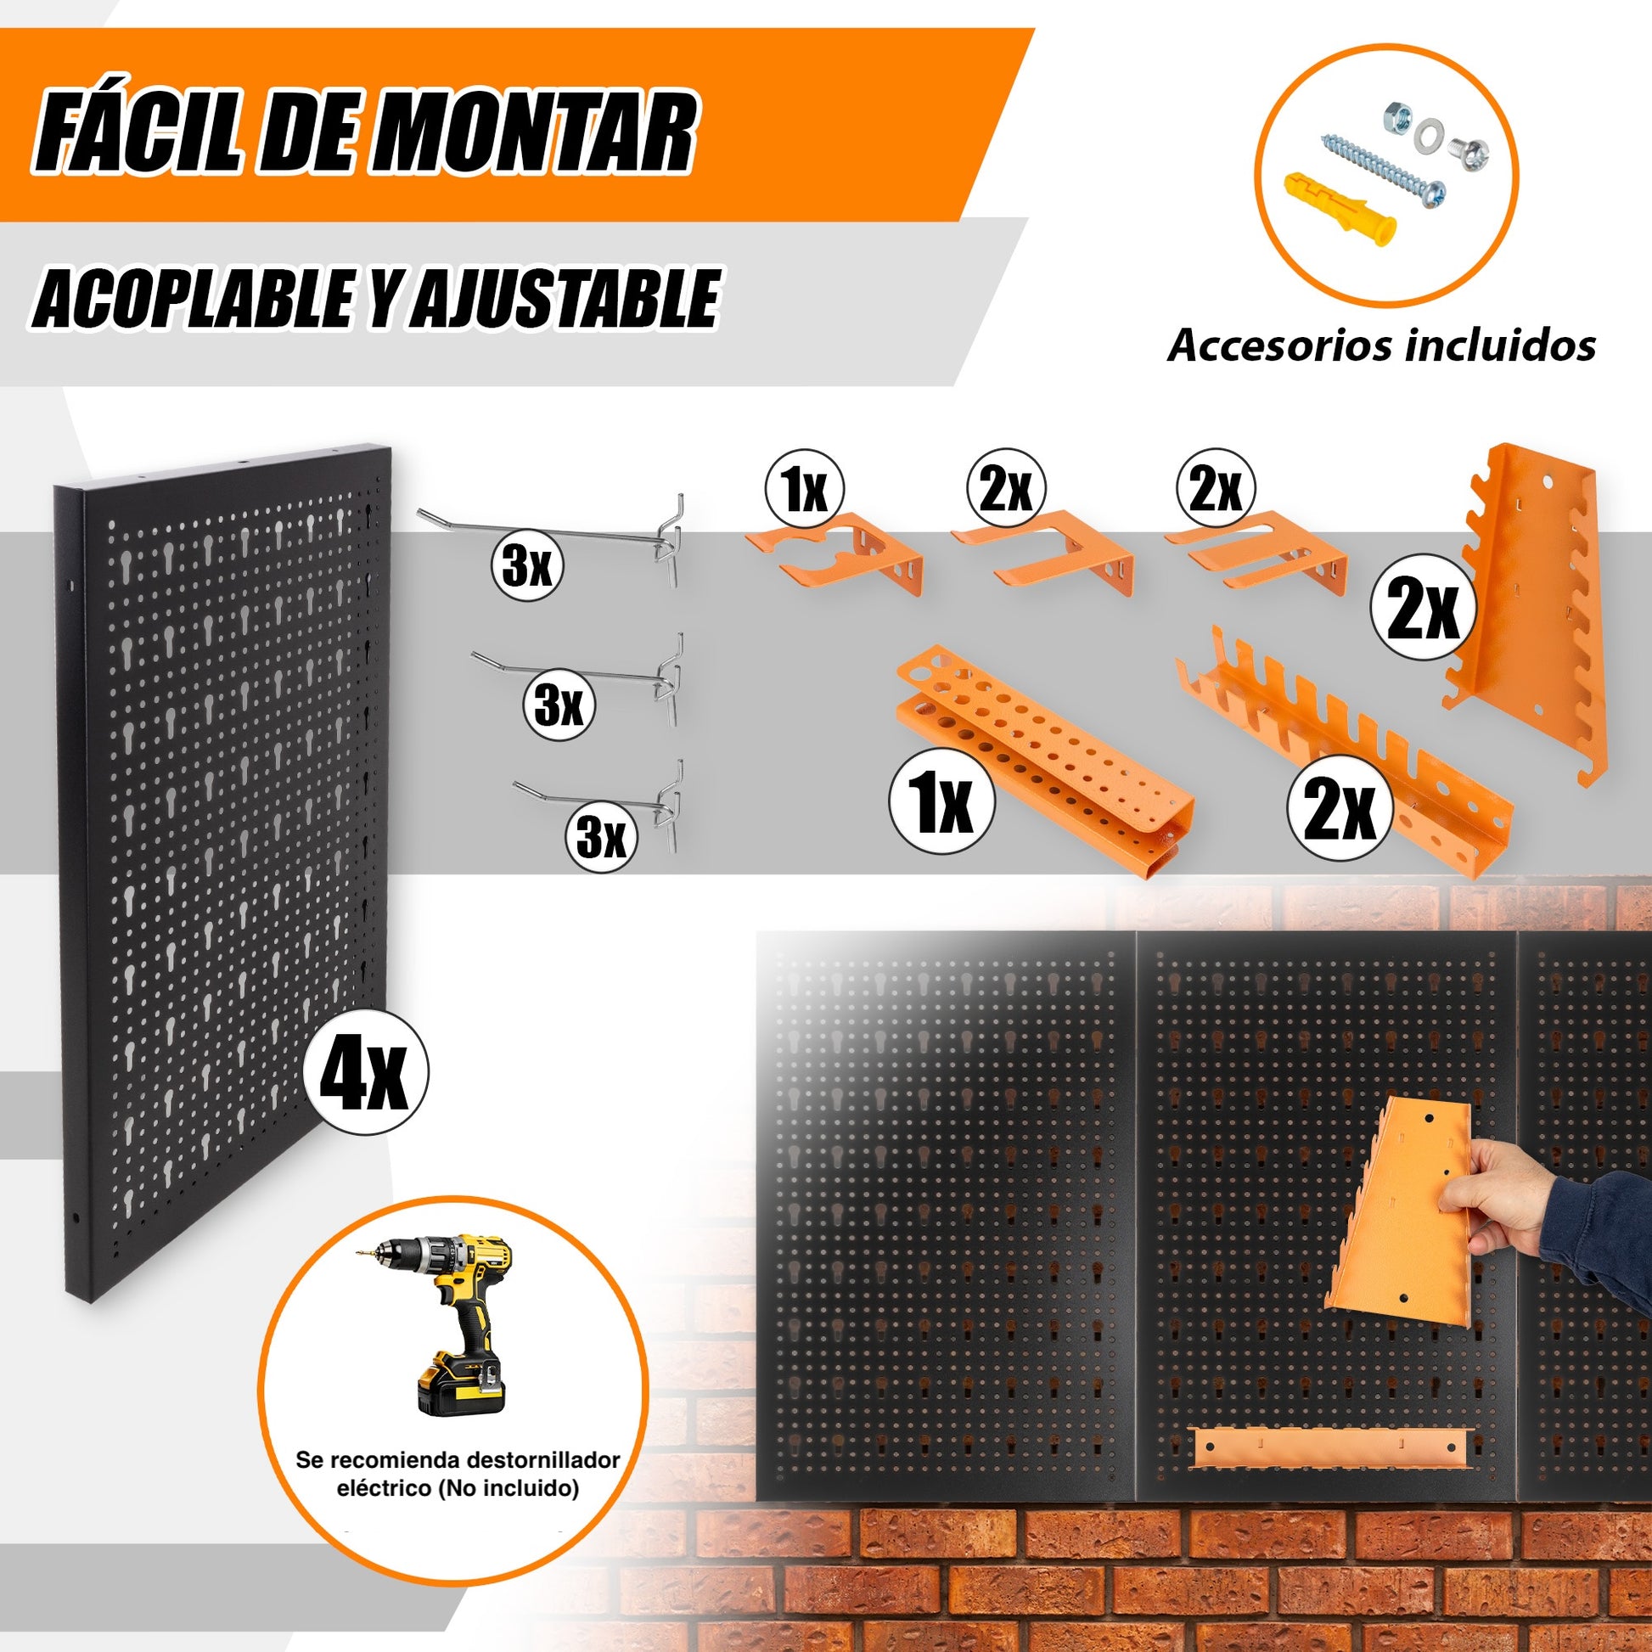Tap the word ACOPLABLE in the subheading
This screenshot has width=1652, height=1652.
point(193,300)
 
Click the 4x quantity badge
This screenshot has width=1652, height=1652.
point(366,1071)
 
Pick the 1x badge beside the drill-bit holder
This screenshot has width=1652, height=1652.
point(941,806)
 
